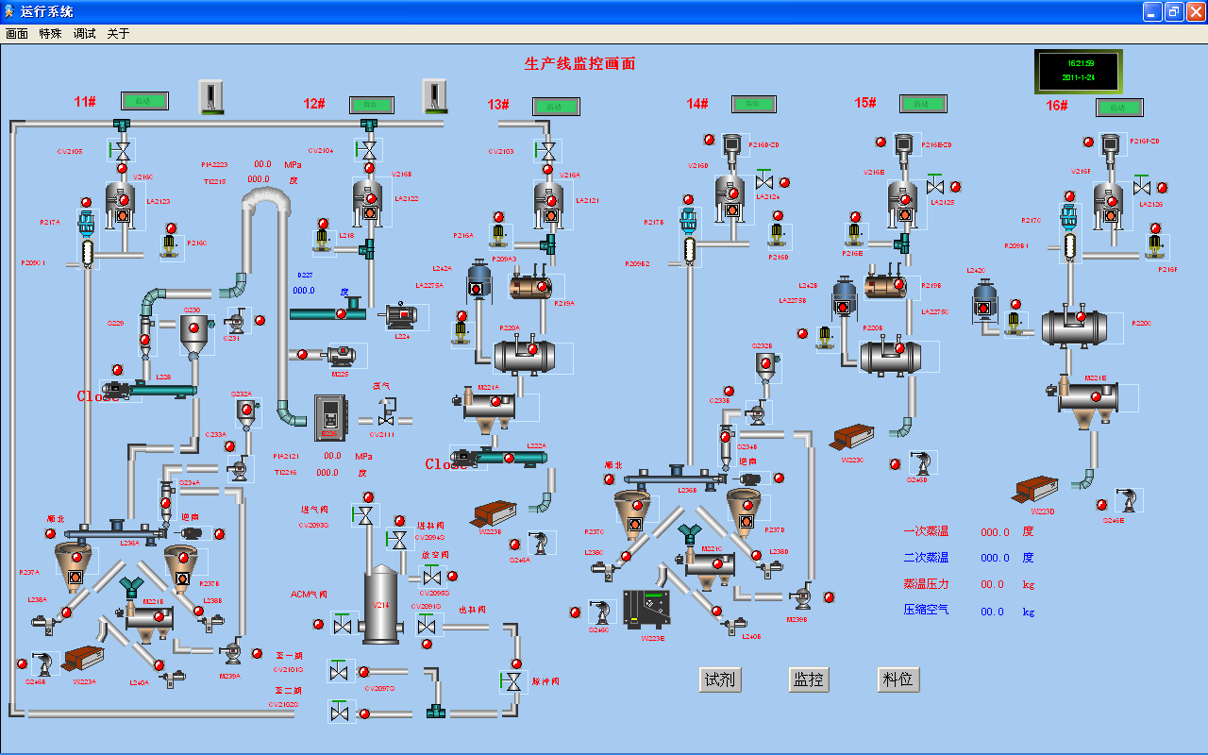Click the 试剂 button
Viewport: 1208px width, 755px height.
tap(718, 679)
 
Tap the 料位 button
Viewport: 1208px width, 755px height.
tap(898, 679)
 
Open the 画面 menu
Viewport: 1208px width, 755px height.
tap(17, 34)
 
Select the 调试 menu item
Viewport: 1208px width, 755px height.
tap(85, 34)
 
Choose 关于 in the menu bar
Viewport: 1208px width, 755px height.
tap(118, 34)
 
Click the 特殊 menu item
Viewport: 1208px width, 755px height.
tap(51, 34)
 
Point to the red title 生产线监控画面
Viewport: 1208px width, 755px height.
tap(579, 64)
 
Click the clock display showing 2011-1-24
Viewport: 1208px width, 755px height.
tap(1078, 72)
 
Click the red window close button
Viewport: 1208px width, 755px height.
tap(1196, 11)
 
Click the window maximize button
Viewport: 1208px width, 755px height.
tap(1174, 11)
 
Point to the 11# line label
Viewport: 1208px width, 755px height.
tap(85, 102)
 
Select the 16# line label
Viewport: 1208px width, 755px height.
tap(1057, 106)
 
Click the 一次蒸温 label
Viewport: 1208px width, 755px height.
tap(926, 532)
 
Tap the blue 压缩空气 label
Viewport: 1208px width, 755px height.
tap(926, 611)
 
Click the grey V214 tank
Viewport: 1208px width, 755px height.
tap(381, 605)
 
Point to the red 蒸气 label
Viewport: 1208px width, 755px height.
tap(382, 386)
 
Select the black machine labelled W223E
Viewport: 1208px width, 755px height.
tap(646, 609)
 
